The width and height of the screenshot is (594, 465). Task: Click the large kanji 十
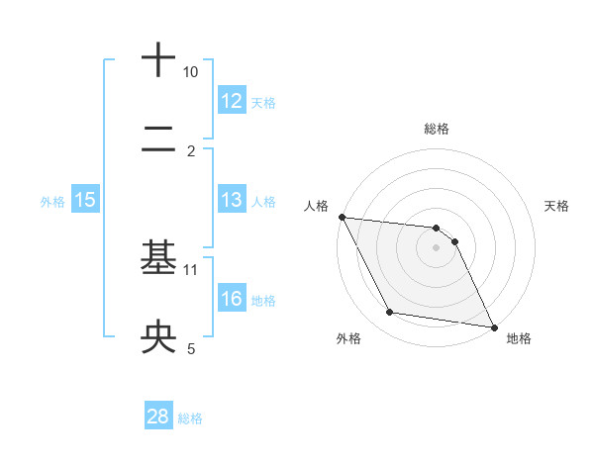[x=158, y=59]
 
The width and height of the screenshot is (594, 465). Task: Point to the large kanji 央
[x=158, y=337]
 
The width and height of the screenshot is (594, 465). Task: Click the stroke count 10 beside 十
[x=190, y=72]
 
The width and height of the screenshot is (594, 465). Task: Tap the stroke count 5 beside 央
[x=191, y=348]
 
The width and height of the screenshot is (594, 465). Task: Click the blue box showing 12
[x=231, y=100]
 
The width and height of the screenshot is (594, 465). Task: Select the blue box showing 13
[x=231, y=200]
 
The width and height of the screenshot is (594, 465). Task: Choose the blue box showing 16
[x=231, y=299]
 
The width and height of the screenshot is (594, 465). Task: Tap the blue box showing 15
[x=84, y=200]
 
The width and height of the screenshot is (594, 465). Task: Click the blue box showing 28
[x=158, y=417]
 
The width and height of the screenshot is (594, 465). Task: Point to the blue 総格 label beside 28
[x=190, y=418]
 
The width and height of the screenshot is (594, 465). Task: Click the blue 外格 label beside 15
[x=52, y=202]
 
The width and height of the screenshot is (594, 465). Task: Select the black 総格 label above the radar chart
[x=437, y=129]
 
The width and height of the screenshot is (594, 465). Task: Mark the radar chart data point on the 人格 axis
[x=342, y=217]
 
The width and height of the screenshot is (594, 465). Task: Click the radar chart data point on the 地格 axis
[x=492, y=326]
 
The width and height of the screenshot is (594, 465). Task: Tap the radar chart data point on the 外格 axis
[x=390, y=314]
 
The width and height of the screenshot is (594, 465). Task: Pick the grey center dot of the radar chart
[x=437, y=247]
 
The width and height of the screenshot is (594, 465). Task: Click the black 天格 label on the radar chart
[x=557, y=206]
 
